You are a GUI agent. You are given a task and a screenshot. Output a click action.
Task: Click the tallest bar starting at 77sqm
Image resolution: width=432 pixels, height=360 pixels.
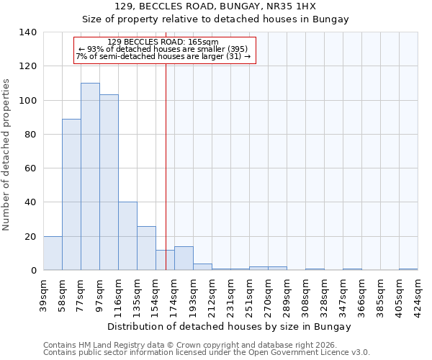click(90, 176)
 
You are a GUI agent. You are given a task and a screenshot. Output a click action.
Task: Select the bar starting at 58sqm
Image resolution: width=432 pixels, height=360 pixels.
click(71, 194)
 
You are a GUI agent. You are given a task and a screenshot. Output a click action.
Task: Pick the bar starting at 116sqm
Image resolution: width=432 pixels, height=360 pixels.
click(127, 236)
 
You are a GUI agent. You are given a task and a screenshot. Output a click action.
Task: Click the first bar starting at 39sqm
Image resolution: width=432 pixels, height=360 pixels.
click(53, 253)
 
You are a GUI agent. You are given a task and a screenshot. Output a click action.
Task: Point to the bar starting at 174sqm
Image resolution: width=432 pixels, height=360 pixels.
click(184, 258)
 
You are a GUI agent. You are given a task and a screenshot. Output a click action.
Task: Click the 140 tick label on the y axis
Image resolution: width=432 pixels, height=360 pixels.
click(28, 32)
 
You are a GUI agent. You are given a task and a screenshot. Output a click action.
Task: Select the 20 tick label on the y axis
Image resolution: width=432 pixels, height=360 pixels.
click(31, 236)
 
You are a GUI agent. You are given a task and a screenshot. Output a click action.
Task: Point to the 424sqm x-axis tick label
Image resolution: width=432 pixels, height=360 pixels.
click(418, 296)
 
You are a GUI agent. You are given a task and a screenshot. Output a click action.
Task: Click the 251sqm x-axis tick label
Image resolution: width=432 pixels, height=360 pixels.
click(249, 296)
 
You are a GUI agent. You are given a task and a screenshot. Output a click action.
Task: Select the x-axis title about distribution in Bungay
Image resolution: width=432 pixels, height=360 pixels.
click(230, 326)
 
